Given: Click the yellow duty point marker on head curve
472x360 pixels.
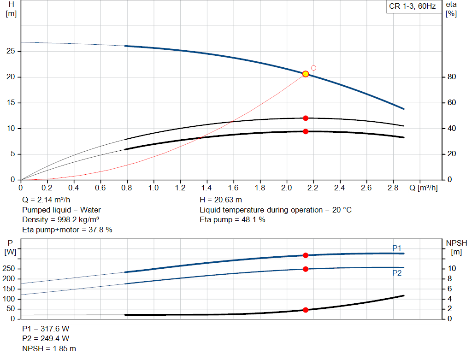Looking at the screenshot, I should click(305, 74).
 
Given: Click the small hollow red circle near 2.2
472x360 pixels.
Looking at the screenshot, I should click(313, 68).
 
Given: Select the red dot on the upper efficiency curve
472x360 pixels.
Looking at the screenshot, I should click(305, 118).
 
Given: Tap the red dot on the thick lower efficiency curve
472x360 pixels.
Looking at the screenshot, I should click(305, 131).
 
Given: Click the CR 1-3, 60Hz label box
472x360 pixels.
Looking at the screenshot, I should click(413, 7).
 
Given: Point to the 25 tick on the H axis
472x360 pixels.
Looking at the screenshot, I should click(12, 51).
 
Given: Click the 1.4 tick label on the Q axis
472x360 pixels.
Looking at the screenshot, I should click(207, 188).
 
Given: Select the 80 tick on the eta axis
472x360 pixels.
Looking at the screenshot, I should click(451, 77).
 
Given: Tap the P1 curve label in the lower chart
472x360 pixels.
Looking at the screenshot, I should click(397, 248).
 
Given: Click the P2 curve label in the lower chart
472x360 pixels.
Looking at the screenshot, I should click(397, 273).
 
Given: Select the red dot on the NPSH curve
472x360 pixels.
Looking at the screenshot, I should click(305, 310).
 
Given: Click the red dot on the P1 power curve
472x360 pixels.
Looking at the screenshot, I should click(305, 255).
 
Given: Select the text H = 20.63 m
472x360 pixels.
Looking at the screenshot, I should click(220, 200).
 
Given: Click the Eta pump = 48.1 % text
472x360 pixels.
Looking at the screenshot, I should click(232, 219).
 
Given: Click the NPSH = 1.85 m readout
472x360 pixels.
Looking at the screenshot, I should click(49, 348).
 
